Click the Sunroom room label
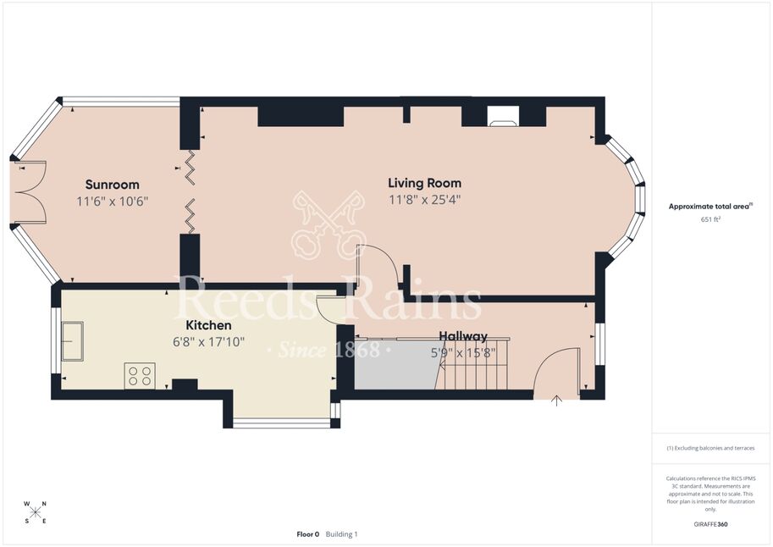113,185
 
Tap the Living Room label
424,183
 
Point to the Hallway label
463,336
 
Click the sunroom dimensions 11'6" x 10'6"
113,202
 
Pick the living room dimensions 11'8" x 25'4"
424,200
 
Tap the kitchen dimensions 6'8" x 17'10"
208,342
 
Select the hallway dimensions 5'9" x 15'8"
463,353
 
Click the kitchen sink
72,341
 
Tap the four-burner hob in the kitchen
140,375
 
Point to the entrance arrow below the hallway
556,401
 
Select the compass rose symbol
35,512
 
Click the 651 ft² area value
710,219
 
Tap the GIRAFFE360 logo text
710,524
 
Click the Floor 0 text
307,534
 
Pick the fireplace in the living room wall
503,116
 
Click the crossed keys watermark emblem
328,224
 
